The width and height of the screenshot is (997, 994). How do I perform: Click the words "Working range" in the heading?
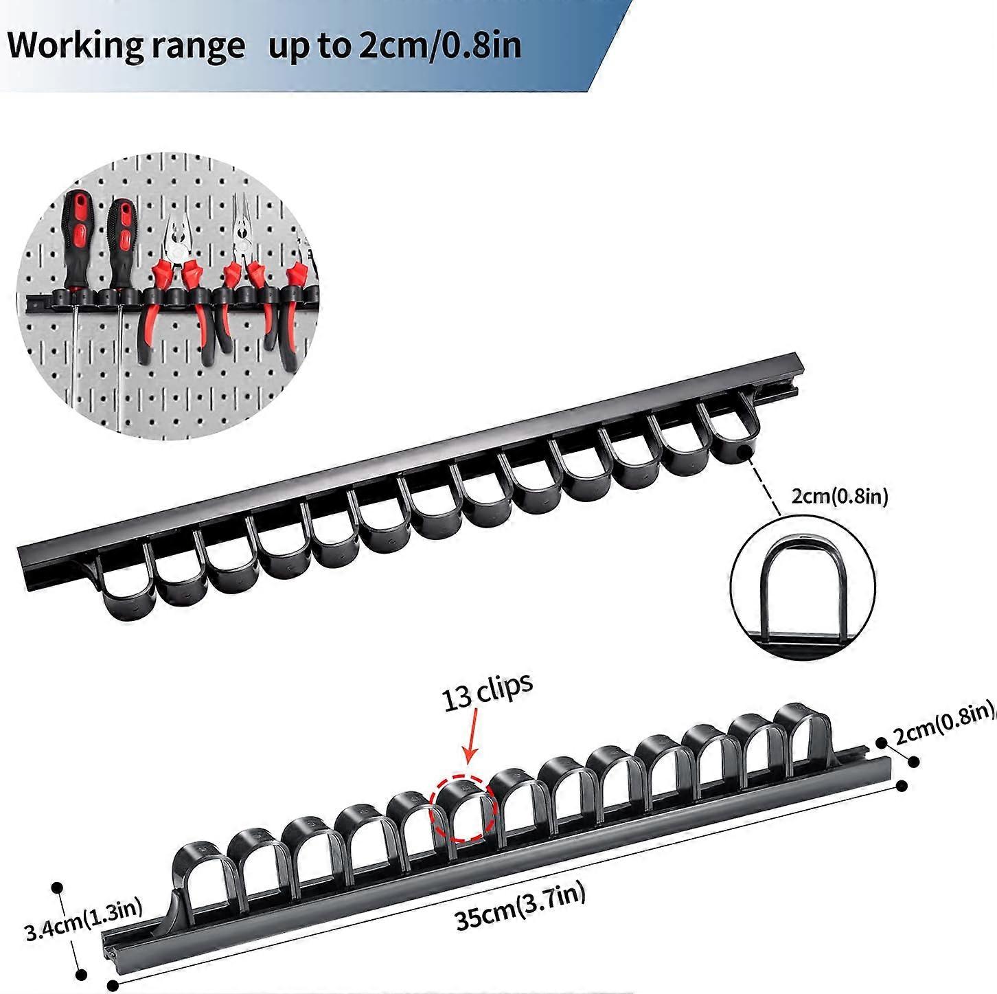pyautogui.click(x=127, y=47)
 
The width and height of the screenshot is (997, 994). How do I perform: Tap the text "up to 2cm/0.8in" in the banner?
pyautogui.click(x=395, y=45)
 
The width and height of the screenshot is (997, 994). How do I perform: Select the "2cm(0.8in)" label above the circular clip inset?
pyautogui.click(x=839, y=497)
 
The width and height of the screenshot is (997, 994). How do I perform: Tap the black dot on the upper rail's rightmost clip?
pyautogui.click(x=744, y=453)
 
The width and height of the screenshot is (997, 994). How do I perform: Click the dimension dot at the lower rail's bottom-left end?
pyautogui.click(x=113, y=984)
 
